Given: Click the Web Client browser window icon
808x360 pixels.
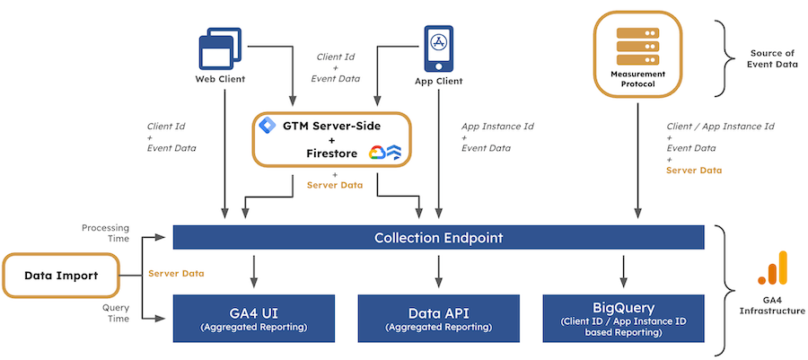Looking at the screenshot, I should point(220,48).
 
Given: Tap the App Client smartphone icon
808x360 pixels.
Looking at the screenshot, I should point(438,48).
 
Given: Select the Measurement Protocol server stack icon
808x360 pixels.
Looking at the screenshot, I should point(637,46).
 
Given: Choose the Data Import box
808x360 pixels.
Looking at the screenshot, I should point(61,275).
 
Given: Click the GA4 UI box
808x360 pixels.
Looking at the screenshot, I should point(254,318).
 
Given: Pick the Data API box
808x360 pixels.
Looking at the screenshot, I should point(438,318).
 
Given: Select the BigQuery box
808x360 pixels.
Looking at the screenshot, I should point(623,318).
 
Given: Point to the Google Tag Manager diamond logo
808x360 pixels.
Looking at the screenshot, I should point(265,126).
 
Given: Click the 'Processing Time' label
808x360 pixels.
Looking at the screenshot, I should point(105,233).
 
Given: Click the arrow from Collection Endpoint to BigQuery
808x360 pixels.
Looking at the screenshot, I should point(623,269).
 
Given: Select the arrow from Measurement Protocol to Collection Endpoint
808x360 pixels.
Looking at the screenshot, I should point(637,162).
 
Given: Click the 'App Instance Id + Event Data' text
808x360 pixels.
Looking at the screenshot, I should point(496,137).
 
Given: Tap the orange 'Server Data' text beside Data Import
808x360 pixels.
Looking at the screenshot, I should point(175,273).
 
